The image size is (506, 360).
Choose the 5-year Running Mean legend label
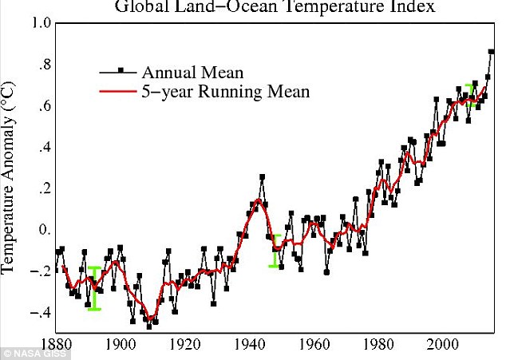[226, 93]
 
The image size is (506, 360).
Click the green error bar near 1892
[94, 288]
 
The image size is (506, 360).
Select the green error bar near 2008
[471, 95]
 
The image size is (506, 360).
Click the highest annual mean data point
[492, 52]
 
